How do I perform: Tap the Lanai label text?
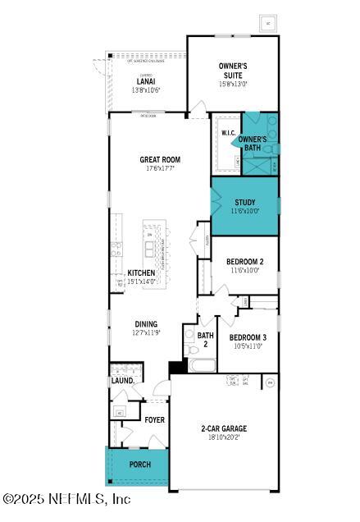pos(146,81)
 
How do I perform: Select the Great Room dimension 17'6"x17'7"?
pos(160,170)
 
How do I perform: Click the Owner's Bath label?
pos(253,144)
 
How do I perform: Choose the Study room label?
pos(244,202)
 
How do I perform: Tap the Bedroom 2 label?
pos(244,262)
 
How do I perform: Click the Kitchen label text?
pos(141,272)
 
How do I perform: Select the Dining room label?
pos(146,324)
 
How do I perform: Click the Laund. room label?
pos(121,381)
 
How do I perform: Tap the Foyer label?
pos(155,420)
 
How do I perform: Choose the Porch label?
pos(140,465)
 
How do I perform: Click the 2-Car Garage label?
pos(224,428)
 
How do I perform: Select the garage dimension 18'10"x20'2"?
pos(224,438)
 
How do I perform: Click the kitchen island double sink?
pos(149,247)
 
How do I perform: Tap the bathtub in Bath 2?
pos(202,364)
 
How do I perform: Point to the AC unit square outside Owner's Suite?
pos(267,23)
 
